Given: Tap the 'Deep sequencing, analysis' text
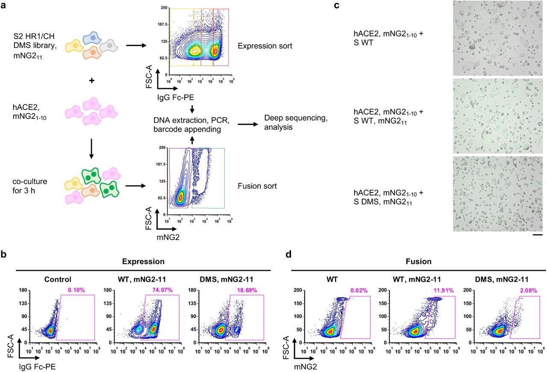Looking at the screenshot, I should (296, 122).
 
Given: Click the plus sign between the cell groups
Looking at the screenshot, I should (91, 81).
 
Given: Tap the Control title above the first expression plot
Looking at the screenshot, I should (57, 280).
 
